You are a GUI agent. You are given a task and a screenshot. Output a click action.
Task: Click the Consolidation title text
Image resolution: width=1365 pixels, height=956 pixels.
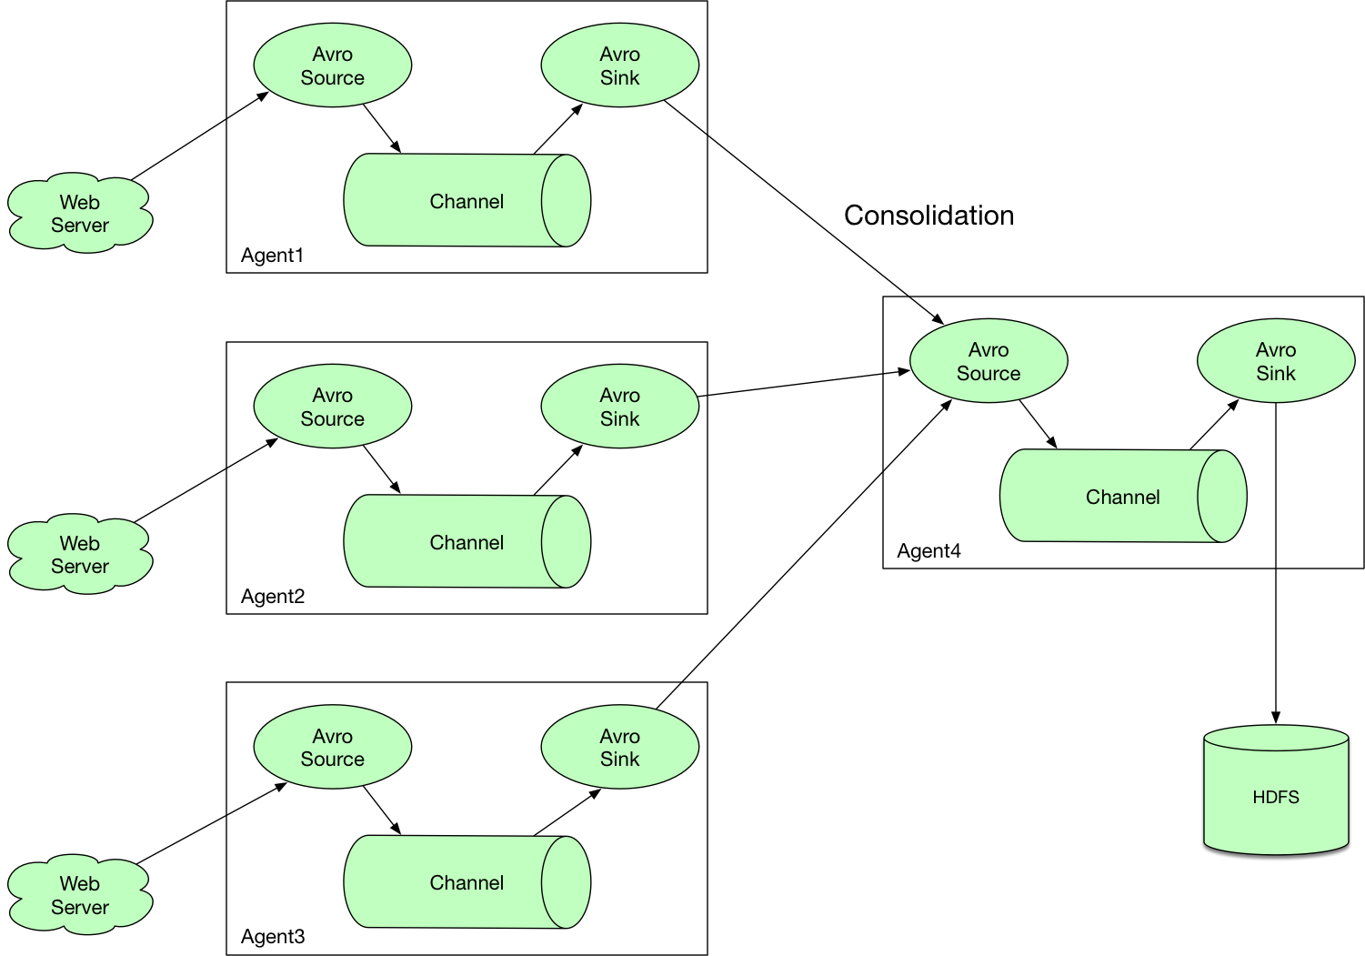928,216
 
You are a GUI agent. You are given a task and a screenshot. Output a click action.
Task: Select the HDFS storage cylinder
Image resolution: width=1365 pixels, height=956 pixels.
1275,790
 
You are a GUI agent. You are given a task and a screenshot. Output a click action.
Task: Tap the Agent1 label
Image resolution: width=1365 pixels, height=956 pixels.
272,255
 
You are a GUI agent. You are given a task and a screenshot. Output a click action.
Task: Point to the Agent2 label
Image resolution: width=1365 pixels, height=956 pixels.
273,596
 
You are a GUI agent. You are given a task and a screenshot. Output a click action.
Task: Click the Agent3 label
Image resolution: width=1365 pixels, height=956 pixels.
273,936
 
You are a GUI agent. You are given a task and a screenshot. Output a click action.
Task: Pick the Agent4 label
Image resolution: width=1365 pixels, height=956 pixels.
928,550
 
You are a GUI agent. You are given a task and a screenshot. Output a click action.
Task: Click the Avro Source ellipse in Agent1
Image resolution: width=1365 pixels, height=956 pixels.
333,65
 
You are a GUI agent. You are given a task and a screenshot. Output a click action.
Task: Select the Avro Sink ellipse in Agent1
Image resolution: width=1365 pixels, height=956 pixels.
619,65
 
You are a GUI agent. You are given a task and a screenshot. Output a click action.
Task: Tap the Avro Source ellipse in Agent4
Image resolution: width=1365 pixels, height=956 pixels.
989,360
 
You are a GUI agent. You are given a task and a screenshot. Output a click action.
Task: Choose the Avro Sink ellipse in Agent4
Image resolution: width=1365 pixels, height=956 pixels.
1276,360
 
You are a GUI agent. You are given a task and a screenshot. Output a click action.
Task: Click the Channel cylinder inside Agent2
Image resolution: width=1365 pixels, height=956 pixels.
467,541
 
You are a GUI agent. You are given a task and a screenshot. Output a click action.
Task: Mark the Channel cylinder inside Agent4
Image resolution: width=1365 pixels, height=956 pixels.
1123,496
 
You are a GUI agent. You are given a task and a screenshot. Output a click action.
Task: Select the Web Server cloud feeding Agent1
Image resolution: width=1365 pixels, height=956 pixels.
80,213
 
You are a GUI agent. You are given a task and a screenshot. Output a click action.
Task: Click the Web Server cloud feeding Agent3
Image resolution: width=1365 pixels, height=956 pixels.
80,894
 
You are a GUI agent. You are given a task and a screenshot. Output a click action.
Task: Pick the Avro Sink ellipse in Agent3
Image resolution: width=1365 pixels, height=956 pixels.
619,747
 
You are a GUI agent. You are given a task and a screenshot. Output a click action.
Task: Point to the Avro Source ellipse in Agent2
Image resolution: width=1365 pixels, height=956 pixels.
333,406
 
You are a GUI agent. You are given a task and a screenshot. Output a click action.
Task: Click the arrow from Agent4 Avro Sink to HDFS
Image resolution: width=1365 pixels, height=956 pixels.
1275,563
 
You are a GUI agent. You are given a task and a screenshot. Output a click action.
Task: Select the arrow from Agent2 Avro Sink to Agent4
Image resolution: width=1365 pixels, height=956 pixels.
804,383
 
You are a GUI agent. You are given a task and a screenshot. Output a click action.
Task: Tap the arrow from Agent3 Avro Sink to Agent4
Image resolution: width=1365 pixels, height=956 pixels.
804,554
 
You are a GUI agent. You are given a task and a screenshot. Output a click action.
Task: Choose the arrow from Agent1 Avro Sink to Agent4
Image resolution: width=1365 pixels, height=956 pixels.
804,212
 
